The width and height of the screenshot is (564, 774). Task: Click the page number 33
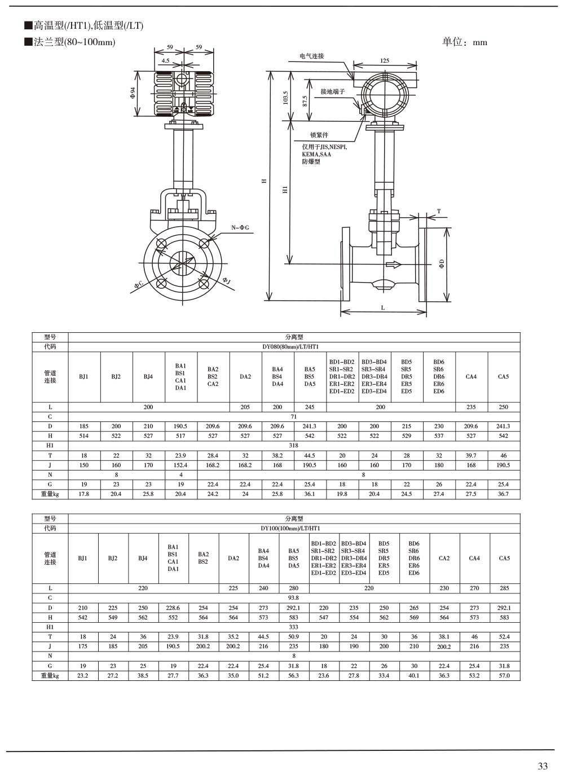543,766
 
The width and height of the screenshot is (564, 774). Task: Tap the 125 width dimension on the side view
384,60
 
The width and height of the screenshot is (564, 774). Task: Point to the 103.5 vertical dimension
285,98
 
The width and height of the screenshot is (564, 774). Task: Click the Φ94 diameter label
133,93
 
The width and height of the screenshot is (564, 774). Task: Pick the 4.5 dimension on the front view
165,60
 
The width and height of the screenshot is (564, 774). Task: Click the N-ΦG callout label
240,227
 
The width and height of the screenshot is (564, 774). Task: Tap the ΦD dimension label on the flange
442,263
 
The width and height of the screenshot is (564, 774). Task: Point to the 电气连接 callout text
312,56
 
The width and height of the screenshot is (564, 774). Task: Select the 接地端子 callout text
332,91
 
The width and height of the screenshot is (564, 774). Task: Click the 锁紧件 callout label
319,135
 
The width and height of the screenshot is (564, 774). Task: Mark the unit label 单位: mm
464,42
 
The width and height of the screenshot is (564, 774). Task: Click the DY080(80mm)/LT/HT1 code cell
294,347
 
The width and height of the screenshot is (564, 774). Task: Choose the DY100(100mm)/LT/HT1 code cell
294,529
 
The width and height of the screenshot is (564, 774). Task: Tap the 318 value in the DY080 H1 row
294,446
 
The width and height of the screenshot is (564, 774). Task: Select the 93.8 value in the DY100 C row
294,598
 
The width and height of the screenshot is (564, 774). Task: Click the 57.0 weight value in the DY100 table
504,676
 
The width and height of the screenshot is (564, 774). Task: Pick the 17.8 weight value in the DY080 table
84,494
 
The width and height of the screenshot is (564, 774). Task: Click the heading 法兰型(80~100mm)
74,42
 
